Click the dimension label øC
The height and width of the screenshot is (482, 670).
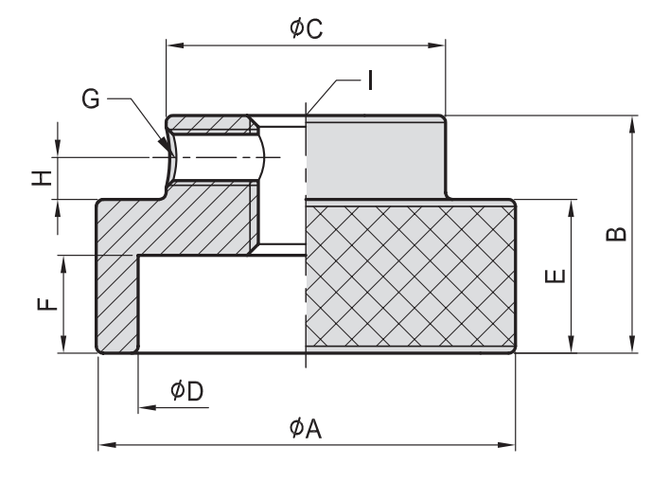307,28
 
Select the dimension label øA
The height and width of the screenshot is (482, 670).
307,429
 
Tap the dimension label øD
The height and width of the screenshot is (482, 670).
186,391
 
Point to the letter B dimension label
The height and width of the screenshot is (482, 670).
614,233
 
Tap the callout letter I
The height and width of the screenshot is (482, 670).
370,81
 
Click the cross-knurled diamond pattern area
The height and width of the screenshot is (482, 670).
409,277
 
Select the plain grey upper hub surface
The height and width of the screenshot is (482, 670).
375,157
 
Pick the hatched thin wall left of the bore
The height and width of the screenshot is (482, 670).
118,303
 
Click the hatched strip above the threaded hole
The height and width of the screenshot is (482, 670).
209,124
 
